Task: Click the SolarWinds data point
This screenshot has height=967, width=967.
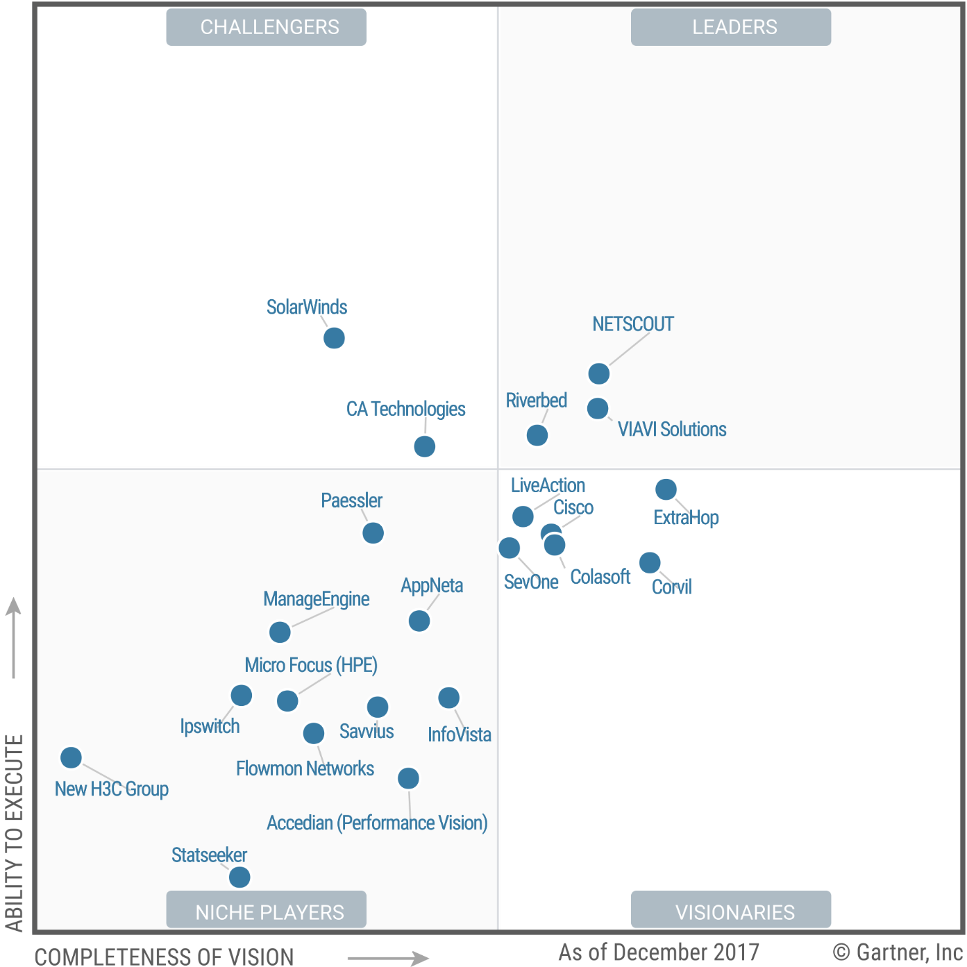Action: coord(334,338)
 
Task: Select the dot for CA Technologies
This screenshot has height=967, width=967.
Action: coord(424,446)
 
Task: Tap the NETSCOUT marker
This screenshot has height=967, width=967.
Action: coord(598,373)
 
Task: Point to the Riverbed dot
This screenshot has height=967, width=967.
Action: coord(537,435)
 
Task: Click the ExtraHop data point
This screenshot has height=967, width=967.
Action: coord(666,489)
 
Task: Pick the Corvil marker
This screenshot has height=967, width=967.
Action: coord(650,562)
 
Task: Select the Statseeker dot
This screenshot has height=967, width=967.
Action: coord(239,877)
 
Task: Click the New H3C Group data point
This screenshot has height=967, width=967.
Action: coord(71,757)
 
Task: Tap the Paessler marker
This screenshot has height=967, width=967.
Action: coord(373,533)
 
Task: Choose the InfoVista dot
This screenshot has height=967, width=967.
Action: coord(448,698)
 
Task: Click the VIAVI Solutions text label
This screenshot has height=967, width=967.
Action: coord(671,430)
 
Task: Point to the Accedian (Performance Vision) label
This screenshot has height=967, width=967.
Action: coord(377,823)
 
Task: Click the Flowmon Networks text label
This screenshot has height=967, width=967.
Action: coord(305,769)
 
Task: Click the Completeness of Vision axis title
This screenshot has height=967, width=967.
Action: coord(164,957)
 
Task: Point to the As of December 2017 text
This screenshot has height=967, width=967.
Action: coord(658,952)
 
